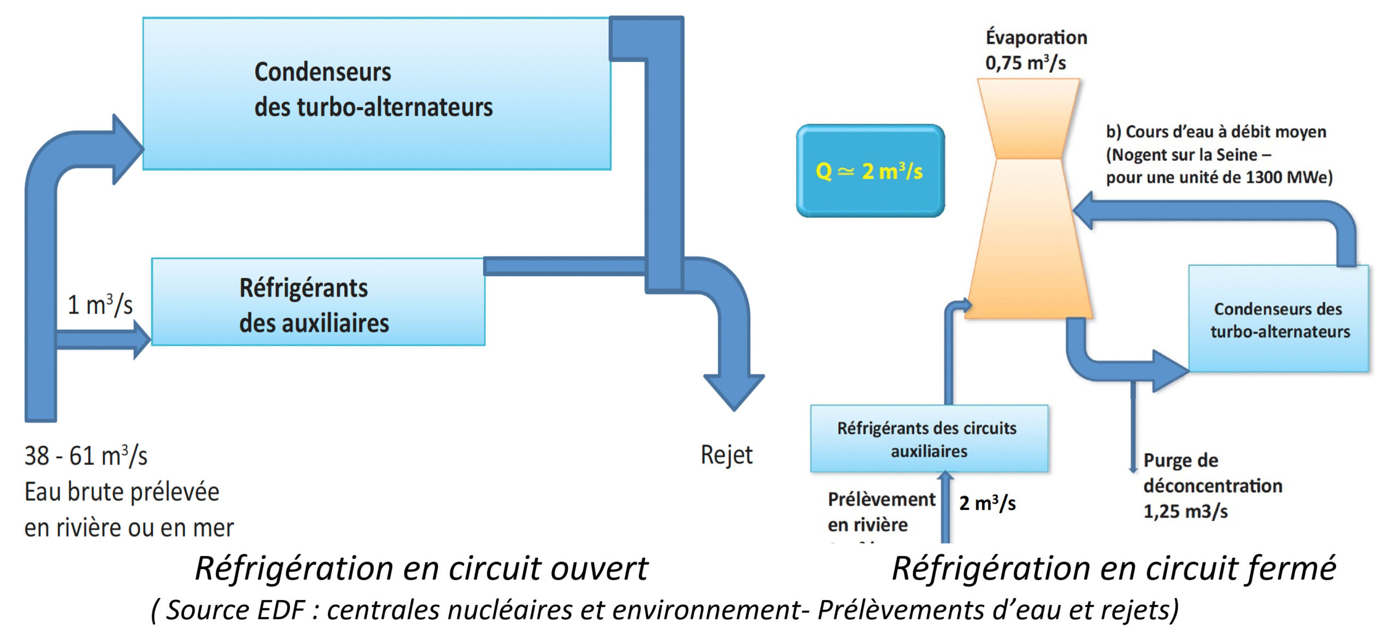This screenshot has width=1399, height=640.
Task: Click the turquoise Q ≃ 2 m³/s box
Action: point(870,171)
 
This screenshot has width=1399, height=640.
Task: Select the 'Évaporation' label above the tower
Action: point(1036,37)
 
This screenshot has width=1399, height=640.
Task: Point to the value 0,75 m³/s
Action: point(1025,63)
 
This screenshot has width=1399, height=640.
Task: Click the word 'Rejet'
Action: point(726,455)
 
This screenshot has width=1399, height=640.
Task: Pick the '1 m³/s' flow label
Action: point(100,305)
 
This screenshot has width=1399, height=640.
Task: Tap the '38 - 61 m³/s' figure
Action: point(86,455)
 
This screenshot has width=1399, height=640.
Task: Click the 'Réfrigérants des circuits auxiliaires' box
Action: point(928,439)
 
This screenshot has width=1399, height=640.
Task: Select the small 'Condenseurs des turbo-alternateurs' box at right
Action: point(1279,319)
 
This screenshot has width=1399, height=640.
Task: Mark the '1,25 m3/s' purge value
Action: point(1185,511)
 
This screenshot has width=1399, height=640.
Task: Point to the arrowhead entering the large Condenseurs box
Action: point(127,149)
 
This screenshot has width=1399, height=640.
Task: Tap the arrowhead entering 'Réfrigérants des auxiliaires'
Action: point(141,340)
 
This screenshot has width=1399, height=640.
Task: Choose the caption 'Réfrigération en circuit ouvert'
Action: point(421,568)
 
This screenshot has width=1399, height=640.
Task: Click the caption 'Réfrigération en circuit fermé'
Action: point(1114,568)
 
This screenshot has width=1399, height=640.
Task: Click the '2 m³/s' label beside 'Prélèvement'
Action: point(987,503)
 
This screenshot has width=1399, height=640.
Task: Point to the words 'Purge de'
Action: point(1180,460)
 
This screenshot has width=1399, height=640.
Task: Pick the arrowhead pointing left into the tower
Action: point(1084,211)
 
